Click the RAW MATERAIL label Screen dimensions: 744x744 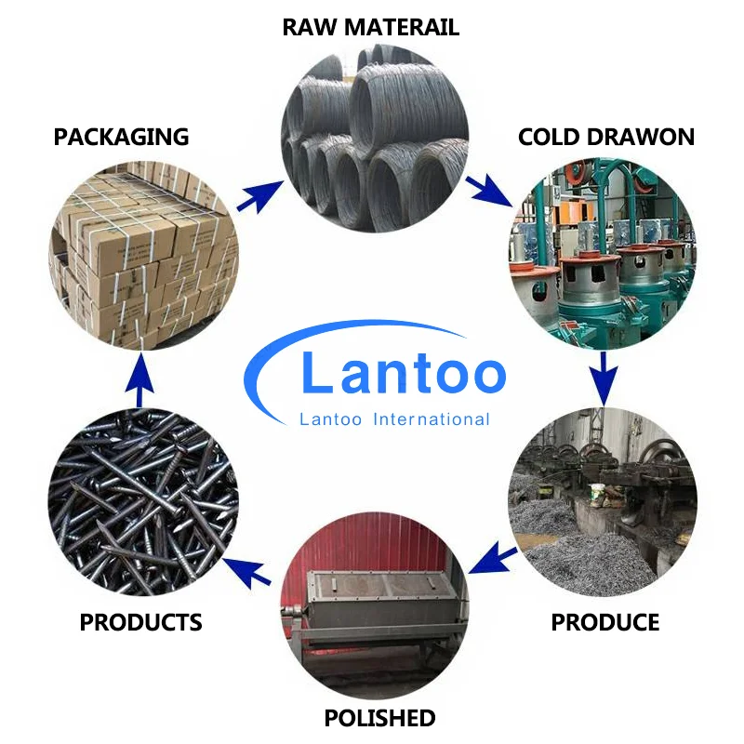[371, 27]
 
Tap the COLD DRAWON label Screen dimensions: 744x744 [605, 138]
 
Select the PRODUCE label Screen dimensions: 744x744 [605, 622]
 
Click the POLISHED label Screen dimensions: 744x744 [379, 718]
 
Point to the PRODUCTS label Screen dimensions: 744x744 [141, 622]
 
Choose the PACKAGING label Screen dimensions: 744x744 [121, 138]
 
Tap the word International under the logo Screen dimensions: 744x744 [431, 419]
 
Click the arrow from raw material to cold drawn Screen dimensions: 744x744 [487, 189]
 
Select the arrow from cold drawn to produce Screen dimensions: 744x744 [604, 378]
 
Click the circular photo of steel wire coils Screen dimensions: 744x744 [374, 139]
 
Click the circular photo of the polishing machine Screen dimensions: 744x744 [374, 614]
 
